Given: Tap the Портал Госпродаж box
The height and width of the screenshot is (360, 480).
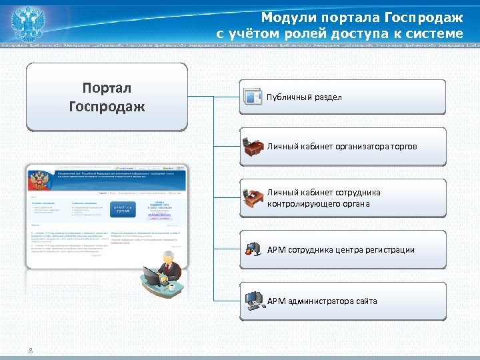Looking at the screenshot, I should coord(107,97).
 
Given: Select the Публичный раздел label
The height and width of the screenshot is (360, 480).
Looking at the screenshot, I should coord(304,97).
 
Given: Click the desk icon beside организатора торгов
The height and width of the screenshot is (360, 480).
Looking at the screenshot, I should coord(253,147).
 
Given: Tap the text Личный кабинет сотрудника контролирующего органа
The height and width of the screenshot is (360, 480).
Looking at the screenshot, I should coord(323,198).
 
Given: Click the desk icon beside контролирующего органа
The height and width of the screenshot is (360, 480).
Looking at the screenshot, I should coord(253,197).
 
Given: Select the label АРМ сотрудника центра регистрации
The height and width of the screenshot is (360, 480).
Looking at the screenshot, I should coord(341,250).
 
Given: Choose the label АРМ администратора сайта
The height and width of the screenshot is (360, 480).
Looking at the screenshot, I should coord(322,301).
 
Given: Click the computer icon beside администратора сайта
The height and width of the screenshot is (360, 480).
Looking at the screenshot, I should coord(253,301).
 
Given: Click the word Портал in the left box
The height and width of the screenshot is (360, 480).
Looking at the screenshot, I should coord(107,88).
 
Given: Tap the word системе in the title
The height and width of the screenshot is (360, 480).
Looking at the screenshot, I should coord(434,33).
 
